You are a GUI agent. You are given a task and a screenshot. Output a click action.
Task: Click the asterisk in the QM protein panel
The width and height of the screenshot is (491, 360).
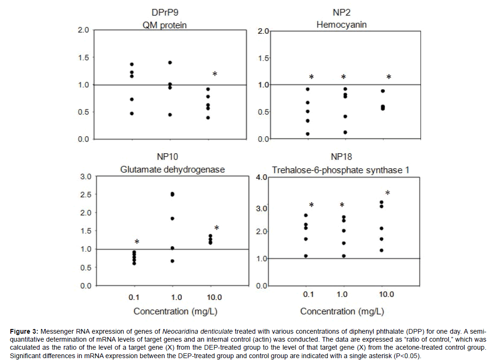click(215, 74)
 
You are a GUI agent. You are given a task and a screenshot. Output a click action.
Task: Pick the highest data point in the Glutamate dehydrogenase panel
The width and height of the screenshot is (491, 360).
click(172, 194)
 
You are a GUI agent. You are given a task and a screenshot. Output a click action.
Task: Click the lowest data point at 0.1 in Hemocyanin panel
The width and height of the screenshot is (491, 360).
click(307, 134)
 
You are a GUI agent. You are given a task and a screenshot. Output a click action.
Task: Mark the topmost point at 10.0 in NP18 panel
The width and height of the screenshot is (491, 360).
click(382, 202)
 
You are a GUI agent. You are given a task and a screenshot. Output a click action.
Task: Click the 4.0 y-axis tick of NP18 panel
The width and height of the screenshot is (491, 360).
click(262, 177)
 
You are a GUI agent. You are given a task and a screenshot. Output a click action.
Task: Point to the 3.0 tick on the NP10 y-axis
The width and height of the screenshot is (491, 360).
click(86, 176)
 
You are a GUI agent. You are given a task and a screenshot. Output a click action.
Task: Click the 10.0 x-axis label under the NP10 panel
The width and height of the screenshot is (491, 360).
click(212, 297)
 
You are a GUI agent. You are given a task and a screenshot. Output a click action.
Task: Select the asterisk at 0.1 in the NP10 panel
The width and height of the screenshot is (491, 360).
click(137, 242)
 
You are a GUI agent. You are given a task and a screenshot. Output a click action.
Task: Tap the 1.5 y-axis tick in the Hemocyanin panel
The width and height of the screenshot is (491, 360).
click(262, 58)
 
